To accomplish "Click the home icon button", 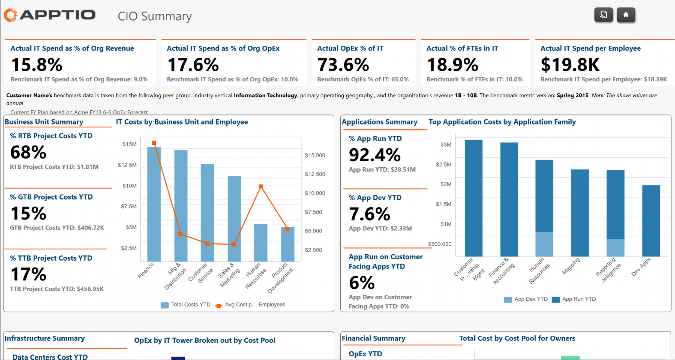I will [x=626, y=15].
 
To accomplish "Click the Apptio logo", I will [x=50, y=15].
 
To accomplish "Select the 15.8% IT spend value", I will [x=37, y=65].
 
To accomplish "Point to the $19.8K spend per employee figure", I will [x=570, y=65].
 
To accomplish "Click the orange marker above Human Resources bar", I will [x=261, y=187].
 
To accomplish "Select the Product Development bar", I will [x=288, y=244].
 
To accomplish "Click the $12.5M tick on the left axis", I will [x=127, y=165].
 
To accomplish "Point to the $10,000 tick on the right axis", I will [x=315, y=193].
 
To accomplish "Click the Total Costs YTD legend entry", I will [x=186, y=305].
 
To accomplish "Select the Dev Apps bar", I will [x=651, y=220].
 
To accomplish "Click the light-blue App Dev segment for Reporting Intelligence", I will [x=615, y=248].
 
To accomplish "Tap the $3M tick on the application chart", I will [x=446, y=144].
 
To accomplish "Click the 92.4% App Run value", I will [x=375, y=155].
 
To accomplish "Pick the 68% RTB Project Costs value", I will [x=28, y=152].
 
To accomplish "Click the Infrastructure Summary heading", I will [x=44, y=338].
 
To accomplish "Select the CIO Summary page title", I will [x=155, y=16].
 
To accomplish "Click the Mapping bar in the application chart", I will [x=580, y=213].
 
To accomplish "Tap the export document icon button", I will [x=603, y=15].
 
